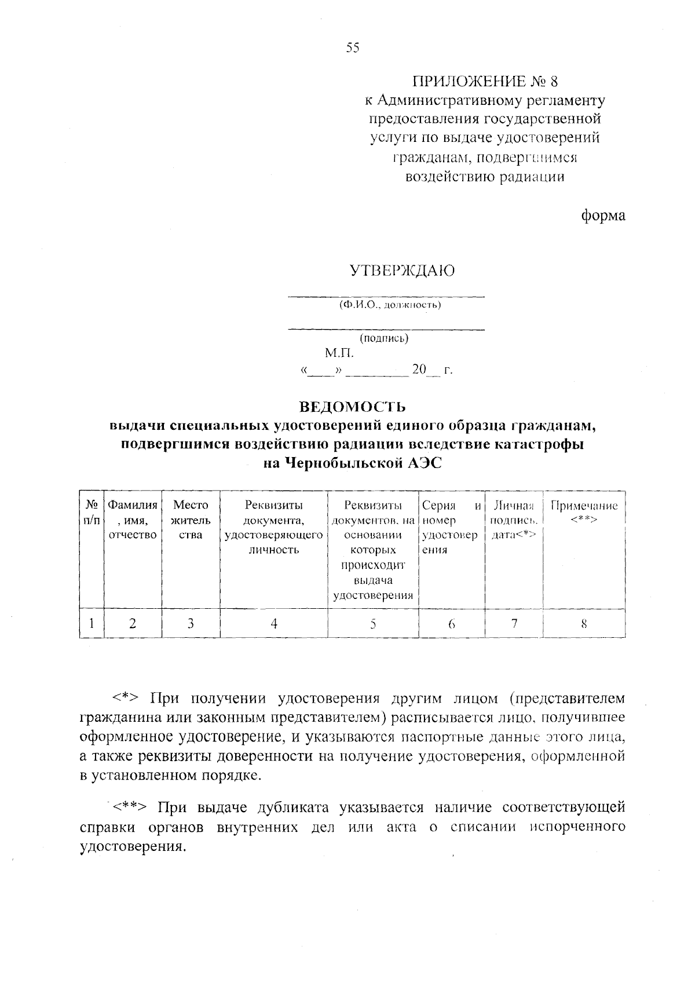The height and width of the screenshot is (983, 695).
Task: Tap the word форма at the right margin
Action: [603, 215]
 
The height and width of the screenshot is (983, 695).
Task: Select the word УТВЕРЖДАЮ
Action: [401, 271]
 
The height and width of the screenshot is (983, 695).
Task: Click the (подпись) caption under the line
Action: [384, 338]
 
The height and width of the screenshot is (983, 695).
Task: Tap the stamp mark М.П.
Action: [339, 353]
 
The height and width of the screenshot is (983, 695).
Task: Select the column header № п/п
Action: [92, 513]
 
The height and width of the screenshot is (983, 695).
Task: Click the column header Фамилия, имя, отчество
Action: [133, 520]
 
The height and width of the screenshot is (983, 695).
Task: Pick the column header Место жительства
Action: [191, 520]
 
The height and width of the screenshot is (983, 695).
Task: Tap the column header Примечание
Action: [584, 513]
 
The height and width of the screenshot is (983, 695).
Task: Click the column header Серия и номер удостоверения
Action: [451, 527]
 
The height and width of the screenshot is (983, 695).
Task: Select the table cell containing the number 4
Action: [273, 623]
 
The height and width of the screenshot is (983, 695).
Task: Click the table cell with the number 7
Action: [514, 623]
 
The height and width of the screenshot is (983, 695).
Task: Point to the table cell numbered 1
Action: [92, 623]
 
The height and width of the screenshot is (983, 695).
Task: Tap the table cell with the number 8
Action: [584, 623]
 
